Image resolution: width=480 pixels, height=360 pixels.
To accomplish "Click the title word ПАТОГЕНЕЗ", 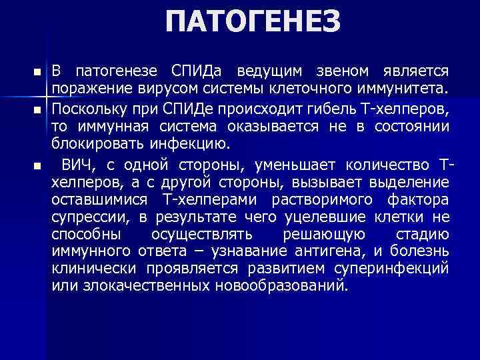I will pos(253,23).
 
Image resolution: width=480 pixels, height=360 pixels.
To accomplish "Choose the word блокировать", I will pos(95,144).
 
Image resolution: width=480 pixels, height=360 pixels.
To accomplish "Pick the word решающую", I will pos(323,235).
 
